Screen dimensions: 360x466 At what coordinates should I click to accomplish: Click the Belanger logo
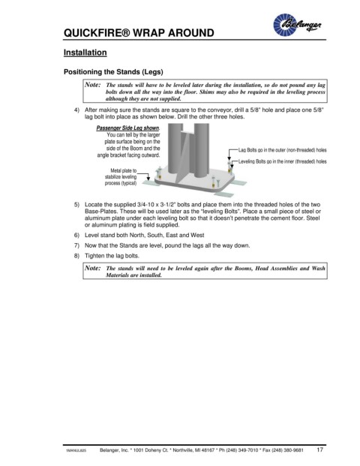click(297, 25)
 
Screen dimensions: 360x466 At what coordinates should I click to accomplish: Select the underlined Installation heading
click(85, 53)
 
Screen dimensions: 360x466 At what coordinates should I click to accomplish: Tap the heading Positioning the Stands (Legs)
click(113, 72)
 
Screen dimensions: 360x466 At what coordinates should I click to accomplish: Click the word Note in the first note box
click(93, 85)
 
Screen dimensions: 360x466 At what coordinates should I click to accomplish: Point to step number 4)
click(77, 110)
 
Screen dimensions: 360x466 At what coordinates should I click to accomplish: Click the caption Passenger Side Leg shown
click(128, 128)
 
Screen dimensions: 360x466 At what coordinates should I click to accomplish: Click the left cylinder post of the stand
click(175, 149)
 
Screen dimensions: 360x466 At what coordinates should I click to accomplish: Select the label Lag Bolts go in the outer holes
click(282, 150)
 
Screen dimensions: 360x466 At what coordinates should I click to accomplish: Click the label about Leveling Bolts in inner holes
click(282, 161)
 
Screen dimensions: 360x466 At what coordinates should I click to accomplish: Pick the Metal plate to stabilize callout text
click(121, 177)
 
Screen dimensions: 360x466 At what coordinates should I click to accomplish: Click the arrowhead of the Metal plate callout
click(148, 179)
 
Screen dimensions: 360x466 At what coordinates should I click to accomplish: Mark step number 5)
click(77, 205)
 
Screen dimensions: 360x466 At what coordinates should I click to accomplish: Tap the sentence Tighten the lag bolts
click(112, 256)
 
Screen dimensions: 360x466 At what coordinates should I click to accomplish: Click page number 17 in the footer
click(319, 449)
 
